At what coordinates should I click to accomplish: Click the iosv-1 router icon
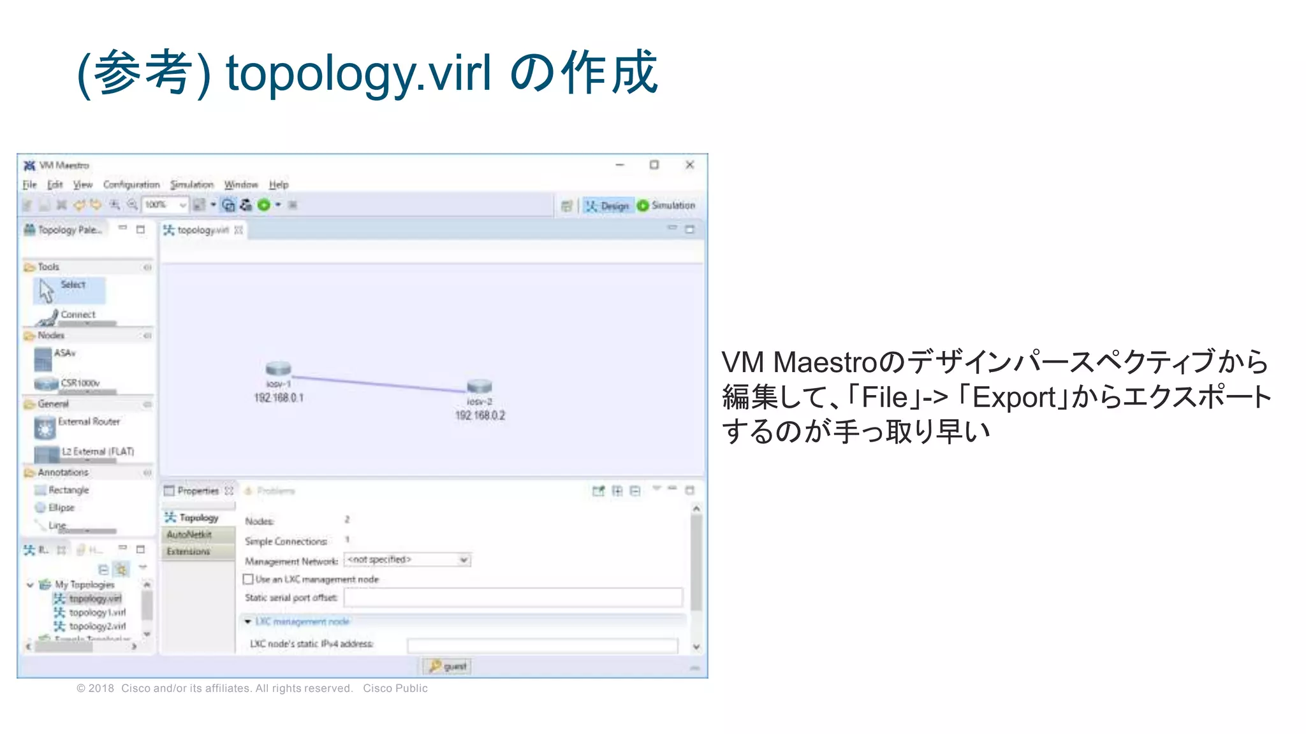[278, 368]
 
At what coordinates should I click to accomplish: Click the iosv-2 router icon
[479, 386]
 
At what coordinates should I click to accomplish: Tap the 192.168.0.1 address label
[279, 398]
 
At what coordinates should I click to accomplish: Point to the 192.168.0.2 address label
[480, 415]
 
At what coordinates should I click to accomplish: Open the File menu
[29, 185]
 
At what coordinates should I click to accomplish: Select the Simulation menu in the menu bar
[191, 185]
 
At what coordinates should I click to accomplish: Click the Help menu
[279, 185]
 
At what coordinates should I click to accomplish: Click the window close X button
[689, 165]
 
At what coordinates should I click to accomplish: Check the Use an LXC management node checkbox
[249, 579]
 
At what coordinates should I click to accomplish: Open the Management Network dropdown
[464, 560]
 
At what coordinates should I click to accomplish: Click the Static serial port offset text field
[513, 598]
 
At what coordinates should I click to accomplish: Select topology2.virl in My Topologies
[97, 626]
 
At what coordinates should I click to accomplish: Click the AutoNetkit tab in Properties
[189, 535]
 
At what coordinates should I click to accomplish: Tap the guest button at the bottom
[447, 666]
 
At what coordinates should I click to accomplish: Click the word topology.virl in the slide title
[358, 73]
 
